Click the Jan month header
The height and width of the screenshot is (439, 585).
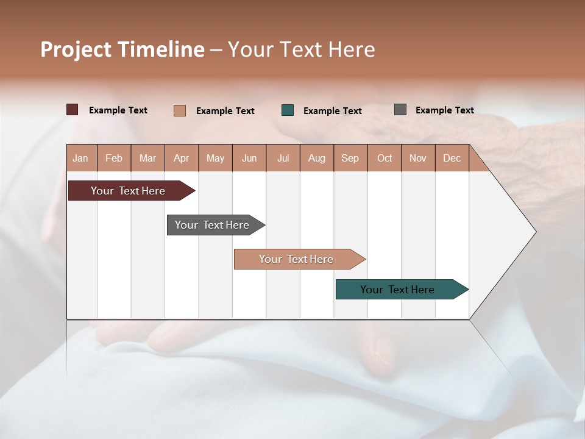(x=81, y=158)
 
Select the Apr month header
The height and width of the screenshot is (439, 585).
(x=182, y=158)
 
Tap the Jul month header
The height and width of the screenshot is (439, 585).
(x=283, y=158)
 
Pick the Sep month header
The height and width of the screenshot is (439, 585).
(x=350, y=158)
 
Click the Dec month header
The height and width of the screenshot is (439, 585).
(x=452, y=158)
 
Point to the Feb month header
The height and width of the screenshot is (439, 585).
(x=114, y=158)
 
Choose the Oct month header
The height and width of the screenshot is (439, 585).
(x=385, y=158)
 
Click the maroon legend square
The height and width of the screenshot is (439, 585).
(x=73, y=110)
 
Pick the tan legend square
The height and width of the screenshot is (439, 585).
(x=180, y=110)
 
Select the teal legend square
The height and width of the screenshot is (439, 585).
(x=288, y=110)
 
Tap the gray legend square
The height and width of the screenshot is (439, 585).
(x=400, y=110)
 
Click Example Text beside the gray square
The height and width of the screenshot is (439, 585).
(x=444, y=110)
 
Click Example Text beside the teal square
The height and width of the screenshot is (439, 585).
(x=332, y=111)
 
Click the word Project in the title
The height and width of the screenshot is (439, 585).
(x=75, y=49)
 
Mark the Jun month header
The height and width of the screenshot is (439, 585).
(x=249, y=158)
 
